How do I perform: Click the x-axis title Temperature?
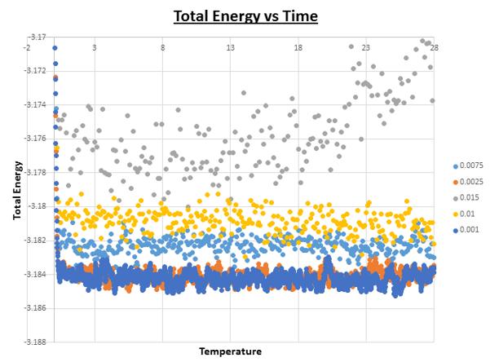231,351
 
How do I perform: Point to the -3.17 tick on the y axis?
37,38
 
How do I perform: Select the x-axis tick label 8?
162,48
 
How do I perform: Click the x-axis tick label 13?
231,48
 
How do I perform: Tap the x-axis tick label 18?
298,48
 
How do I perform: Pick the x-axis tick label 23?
366,48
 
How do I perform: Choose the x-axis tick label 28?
435,48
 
